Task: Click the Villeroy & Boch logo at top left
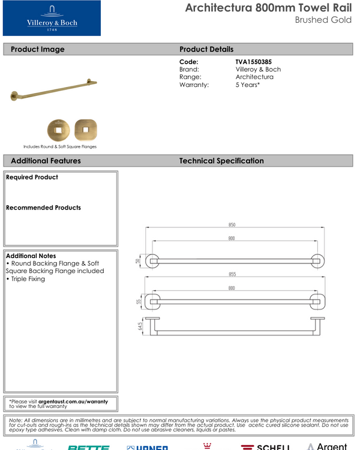point(52,18)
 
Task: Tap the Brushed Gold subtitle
point(323,20)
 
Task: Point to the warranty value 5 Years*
point(247,85)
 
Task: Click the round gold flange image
point(59,129)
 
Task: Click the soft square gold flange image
point(86,129)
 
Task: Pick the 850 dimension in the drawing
point(232,225)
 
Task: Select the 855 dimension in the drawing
point(232,274)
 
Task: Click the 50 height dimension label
point(138,261)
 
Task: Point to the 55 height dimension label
point(138,301)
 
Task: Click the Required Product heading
point(32,178)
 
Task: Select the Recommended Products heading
point(43,208)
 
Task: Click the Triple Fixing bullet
point(26,279)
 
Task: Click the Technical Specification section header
point(221,161)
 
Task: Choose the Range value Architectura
point(254,77)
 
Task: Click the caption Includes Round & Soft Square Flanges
point(60,146)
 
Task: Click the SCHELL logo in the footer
point(265,447)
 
